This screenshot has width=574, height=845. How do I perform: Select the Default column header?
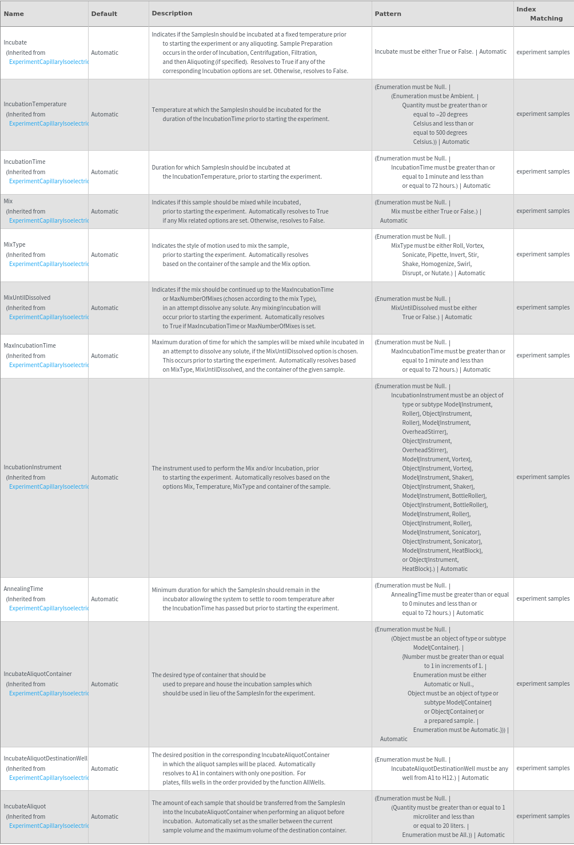[x=104, y=14]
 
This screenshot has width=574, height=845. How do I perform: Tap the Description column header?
[x=172, y=13]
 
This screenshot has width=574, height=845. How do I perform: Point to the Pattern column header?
[x=388, y=14]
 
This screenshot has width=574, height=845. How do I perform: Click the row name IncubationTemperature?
[x=35, y=104]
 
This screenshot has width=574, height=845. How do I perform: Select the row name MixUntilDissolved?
[x=27, y=297]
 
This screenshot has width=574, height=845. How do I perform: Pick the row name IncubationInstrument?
[x=33, y=467]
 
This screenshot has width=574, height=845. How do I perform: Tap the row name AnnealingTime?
[x=23, y=589]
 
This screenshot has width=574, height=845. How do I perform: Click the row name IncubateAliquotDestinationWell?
[x=46, y=758]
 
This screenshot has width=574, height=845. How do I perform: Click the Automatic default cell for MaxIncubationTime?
[x=105, y=356]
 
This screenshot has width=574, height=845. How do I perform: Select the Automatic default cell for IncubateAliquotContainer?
[x=105, y=684]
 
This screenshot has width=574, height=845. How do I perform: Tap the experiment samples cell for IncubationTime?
[x=543, y=171]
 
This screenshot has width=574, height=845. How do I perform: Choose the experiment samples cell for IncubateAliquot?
[x=543, y=816]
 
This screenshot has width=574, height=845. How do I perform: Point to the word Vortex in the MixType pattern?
[x=475, y=246]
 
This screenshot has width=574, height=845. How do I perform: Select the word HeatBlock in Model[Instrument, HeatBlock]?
[x=467, y=550]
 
